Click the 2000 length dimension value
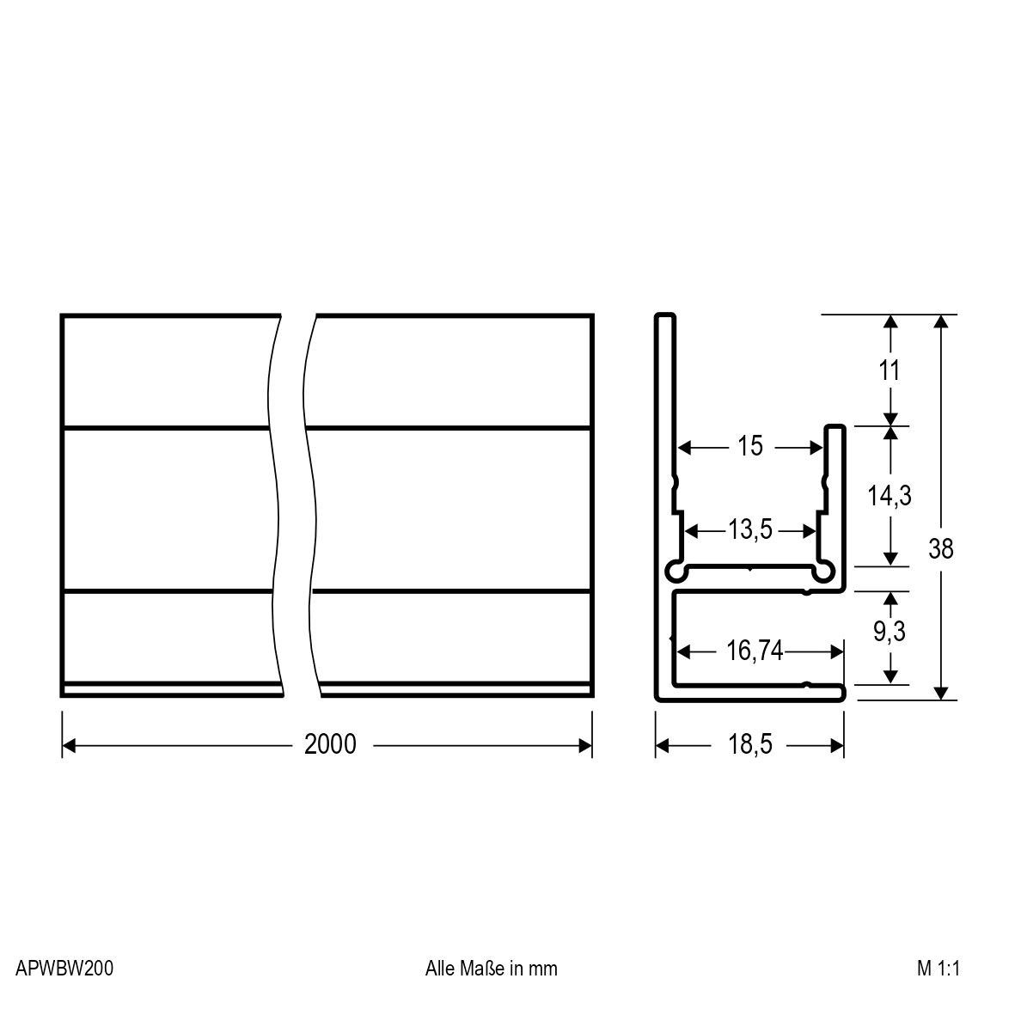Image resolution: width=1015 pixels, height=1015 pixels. [x=330, y=744]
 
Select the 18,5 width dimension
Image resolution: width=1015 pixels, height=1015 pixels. [x=750, y=744]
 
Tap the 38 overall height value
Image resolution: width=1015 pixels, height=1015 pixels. [x=941, y=548]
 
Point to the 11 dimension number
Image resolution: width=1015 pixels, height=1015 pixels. [x=890, y=371]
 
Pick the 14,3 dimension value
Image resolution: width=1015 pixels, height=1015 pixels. [x=889, y=496]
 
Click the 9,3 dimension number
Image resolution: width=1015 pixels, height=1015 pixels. [x=889, y=632]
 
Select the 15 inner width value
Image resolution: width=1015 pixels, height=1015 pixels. [x=750, y=447]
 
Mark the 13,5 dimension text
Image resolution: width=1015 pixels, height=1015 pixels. [x=750, y=530]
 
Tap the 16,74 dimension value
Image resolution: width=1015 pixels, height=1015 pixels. [x=755, y=651]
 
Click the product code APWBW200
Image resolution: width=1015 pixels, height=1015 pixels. [x=64, y=969]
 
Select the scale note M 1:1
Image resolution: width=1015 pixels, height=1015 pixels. [x=938, y=969]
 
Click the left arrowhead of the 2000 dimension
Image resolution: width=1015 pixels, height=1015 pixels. [x=69, y=745]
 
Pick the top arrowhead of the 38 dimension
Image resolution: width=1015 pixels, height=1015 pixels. [x=941, y=321]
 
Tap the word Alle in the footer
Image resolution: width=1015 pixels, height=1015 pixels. [x=439, y=969]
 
